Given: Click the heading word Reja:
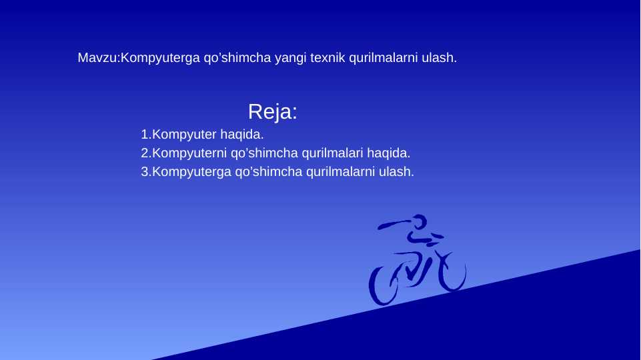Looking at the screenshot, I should (272, 112).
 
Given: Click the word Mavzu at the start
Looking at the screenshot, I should (97, 58).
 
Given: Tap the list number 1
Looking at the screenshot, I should (145, 135).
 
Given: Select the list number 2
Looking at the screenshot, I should (145, 153).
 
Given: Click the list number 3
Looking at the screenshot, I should (145, 172).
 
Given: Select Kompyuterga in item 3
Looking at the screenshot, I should (192, 172).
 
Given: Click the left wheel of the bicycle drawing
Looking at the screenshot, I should (384, 284).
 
